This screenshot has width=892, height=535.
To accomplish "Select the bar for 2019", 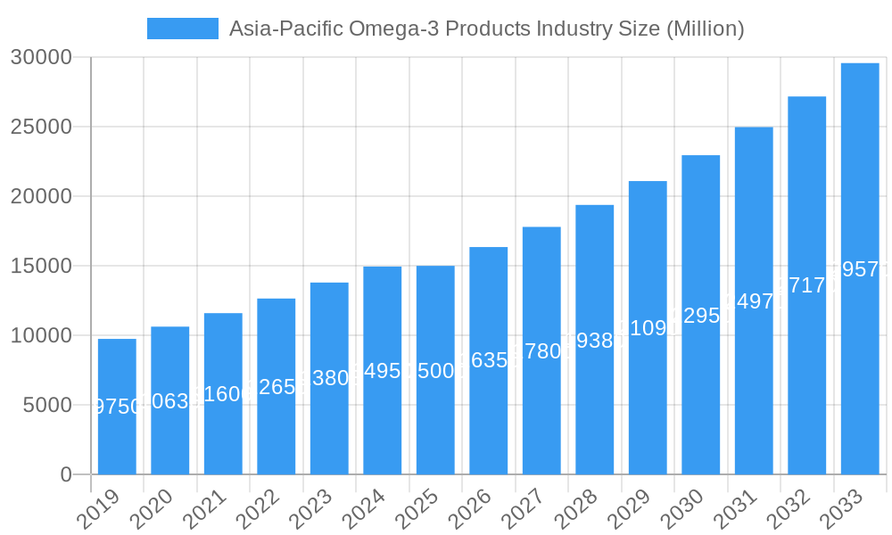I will pyautogui.click(x=117, y=407).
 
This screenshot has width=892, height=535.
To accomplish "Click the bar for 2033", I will pyautogui.click(x=860, y=268).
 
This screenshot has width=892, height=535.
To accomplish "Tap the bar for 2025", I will pyautogui.click(x=435, y=370).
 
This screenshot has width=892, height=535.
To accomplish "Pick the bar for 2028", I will pyautogui.click(x=594, y=340).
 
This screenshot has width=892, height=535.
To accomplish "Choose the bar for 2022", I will pyautogui.click(x=277, y=386).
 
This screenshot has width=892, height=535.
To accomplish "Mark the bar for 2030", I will pyautogui.click(x=700, y=315).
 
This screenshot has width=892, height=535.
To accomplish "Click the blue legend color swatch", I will pyautogui.click(x=183, y=29).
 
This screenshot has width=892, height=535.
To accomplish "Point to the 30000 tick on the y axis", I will pyautogui.click(x=41, y=58).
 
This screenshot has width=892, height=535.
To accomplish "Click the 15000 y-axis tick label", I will pyautogui.click(x=41, y=266).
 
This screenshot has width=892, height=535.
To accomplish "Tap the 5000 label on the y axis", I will pyautogui.click(x=47, y=405).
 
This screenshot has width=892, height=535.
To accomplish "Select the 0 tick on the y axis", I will pyautogui.click(x=66, y=474).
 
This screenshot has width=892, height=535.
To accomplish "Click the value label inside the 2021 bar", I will pyautogui.click(x=223, y=394).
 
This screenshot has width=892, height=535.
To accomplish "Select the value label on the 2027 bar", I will pyautogui.click(x=541, y=351).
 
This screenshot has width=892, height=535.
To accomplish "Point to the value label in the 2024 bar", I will pyautogui.click(x=383, y=371).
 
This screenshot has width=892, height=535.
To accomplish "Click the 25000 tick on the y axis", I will pyautogui.click(x=41, y=127).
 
